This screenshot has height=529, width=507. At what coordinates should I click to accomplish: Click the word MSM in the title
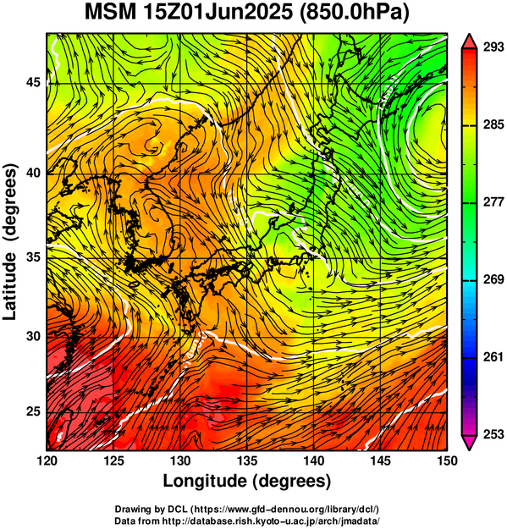[111, 13]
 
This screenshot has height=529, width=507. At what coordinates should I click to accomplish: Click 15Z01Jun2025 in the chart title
[218, 13]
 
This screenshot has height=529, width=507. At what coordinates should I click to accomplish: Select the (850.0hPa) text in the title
[355, 14]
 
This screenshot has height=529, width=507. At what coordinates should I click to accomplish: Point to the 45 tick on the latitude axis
[33, 82]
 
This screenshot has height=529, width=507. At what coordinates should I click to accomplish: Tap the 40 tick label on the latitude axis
[33, 173]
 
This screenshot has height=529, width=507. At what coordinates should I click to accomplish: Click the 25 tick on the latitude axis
[33, 412]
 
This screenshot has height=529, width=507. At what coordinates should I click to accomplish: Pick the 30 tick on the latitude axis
[33, 336]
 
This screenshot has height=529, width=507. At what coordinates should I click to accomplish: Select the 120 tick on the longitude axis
[47, 460]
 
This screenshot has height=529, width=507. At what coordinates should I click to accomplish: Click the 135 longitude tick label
[247, 460]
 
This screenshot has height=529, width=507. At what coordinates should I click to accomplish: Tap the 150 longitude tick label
[447, 460]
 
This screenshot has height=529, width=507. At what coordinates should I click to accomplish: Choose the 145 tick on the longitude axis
[381, 460]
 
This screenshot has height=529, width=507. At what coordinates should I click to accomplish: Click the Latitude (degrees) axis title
[10, 242]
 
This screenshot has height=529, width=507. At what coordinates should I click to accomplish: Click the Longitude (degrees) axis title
[247, 481]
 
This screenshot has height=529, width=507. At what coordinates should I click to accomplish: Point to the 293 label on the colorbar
[493, 47]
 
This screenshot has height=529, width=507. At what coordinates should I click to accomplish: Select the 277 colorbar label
[493, 202]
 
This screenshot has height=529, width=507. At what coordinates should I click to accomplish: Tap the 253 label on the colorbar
[493, 434]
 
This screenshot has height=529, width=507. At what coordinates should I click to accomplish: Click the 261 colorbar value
[493, 357]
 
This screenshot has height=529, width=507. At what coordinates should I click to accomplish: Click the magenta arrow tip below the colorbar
[470, 449]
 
